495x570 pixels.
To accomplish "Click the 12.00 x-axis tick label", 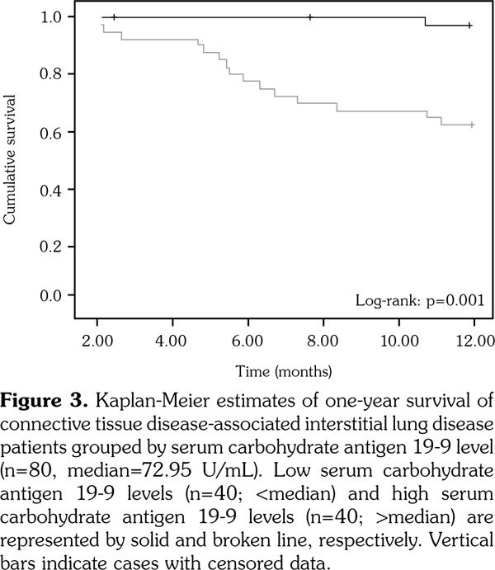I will (476, 339).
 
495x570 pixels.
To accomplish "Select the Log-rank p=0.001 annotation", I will (418, 301).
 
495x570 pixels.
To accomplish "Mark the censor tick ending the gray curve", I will (471, 125).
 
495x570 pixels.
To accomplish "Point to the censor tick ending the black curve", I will (469, 26).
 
